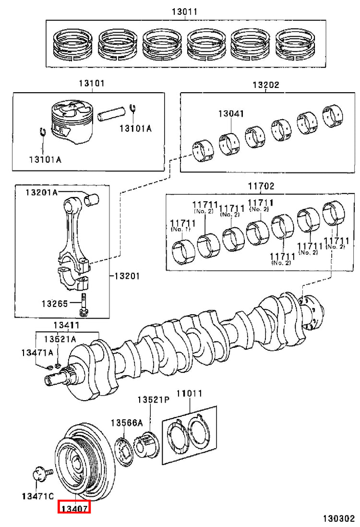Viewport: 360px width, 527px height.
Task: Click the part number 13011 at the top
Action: click(x=184, y=12)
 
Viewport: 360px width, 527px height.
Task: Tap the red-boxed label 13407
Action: click(x=74, y=508)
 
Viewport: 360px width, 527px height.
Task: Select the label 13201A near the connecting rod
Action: click(x=42, y=192)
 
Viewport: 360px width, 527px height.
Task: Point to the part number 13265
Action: click(x=55, y=304)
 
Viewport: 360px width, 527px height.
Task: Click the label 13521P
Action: click(x=153, y=400)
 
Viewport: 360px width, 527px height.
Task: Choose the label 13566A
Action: click(x=127, y=423)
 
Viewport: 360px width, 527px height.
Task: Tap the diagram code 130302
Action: click(x=339, y=518)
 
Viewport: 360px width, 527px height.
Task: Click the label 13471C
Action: click(x=37, y=496)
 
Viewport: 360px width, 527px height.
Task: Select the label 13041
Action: click(x=231, y=113)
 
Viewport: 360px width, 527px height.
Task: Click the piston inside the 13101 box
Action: click(x=72, y=123)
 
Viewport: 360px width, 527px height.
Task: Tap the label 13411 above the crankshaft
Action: click(x=67, y=325)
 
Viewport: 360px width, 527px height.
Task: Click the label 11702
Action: click(x=261, y=185)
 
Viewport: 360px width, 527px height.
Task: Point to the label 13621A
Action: click(x=60, y=339)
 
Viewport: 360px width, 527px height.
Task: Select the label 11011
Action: click(x=189, y=393)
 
